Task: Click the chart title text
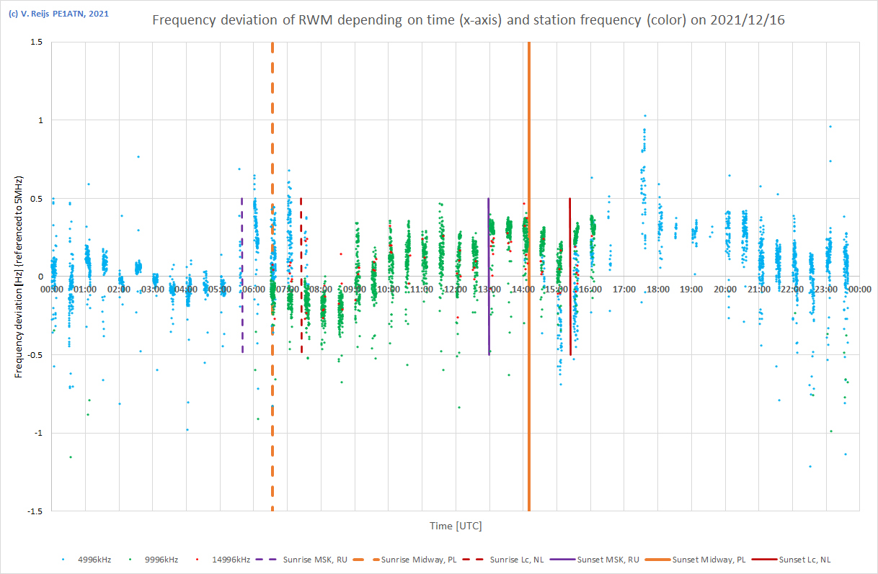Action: point(469,20)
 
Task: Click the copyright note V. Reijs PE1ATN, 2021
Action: point(58,14)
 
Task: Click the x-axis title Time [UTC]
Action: point(456,526)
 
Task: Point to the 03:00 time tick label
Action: point(152,289)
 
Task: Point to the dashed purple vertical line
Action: point(242,317)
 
